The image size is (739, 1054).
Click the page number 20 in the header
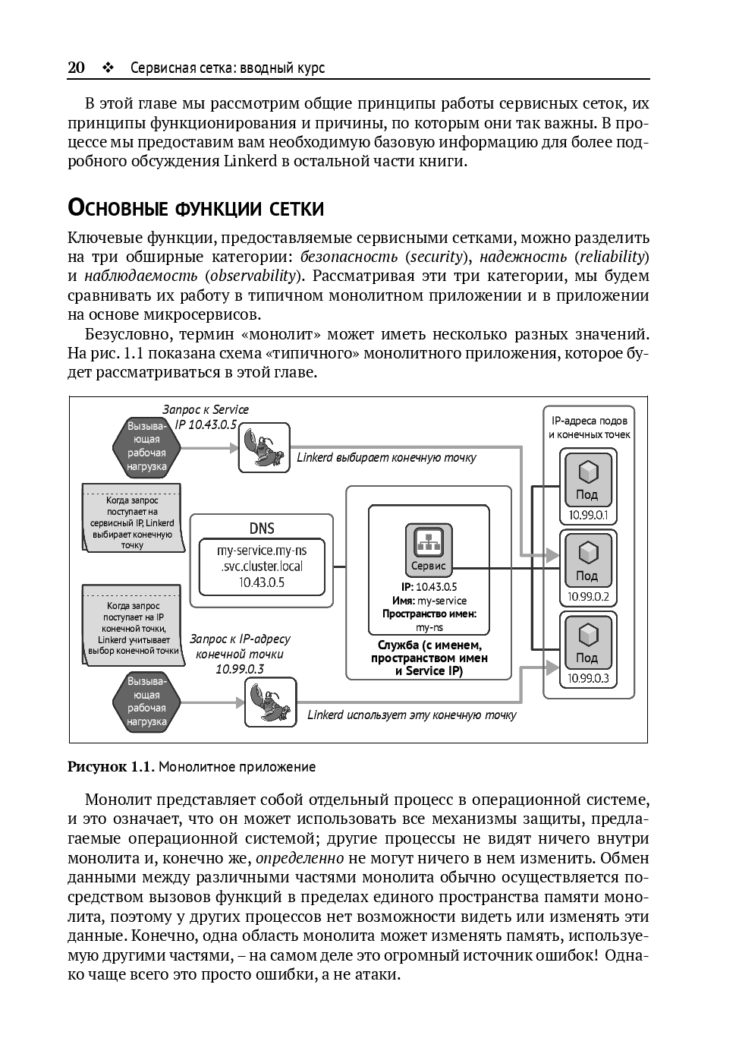coord(76,68)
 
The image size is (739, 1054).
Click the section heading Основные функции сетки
coord(196,208)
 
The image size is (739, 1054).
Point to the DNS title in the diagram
coord(262,529)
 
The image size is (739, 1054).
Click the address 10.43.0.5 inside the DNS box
coord(262,582)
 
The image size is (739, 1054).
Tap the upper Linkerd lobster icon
coord(263,448)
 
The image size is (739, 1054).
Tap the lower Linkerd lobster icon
coord(269,702)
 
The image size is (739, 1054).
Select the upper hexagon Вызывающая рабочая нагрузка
coord(146,446)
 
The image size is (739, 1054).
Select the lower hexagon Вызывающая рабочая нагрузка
coord(146,702)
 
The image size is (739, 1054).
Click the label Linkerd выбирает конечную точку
coord(386,457)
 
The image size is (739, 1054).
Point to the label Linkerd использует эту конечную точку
coord(411,715)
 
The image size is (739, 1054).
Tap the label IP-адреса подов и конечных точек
coord(590,428)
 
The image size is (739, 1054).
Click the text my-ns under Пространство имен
coord(429,627)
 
